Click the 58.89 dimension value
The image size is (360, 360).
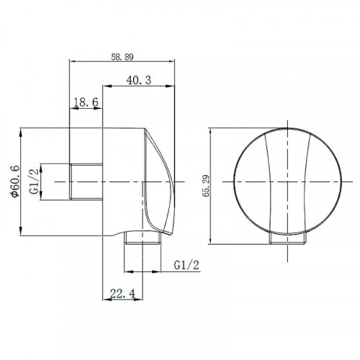122,57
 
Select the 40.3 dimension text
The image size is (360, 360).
139,80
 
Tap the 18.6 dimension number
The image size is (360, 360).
86,102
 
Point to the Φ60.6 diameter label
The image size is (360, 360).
15,181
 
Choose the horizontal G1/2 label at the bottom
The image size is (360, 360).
186,265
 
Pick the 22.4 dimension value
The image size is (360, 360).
122,293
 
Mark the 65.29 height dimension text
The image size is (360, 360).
206,186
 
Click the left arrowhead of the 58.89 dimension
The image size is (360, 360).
73,61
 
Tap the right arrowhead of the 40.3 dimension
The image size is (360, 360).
170,86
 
